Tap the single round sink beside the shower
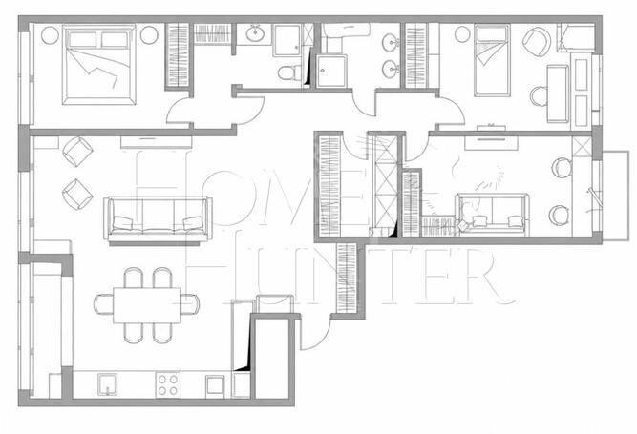click(255, 33)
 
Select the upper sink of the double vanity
click(391, 42)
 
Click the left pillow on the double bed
click(83, 40)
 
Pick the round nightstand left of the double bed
click(50, 35)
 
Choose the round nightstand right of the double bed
click(149, 35)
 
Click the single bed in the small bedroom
click(492, 60)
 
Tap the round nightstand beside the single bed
click(462, 34)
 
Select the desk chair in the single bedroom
click(539, 96)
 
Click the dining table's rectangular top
click(147, 305)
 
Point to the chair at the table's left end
click(103, 304)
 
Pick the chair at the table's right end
click(190, 304)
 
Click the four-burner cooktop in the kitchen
click(168, 384)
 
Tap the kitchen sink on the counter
click(107, 384)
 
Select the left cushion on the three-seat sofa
click(122, 223)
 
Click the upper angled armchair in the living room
click(77, 152)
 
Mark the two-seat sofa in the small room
click(493, 215)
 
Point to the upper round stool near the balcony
click(562, 168)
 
